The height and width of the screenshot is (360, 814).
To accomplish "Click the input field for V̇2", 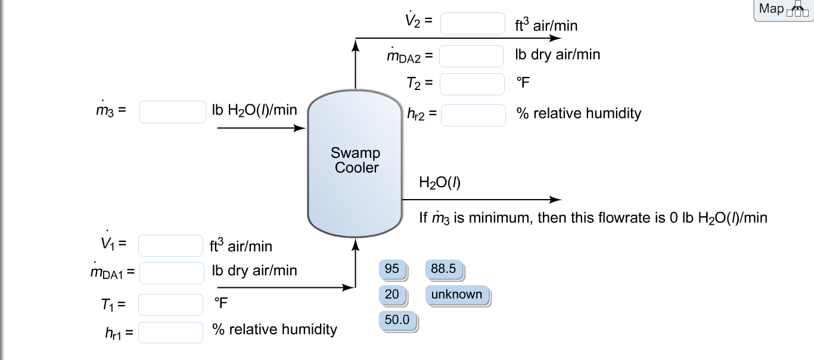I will point(473,24).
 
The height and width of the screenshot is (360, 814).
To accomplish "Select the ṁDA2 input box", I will point(471,56).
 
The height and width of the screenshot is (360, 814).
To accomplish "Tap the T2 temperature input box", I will point(472,84).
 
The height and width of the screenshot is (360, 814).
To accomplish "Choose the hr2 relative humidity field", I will point(473,115).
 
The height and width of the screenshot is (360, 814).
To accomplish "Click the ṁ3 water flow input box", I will point(173,111).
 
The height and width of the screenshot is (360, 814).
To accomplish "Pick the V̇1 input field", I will point(171,246).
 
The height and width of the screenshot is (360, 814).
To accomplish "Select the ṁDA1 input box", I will point(172,273).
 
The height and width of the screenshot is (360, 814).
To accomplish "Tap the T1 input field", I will point(171,305).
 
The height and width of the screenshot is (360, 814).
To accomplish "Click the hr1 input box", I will point(171,332).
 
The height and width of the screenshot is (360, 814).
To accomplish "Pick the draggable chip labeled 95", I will point(392,269).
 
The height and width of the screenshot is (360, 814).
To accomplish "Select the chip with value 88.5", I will point(443,269).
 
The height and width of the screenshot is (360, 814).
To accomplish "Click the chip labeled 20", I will point(392,294).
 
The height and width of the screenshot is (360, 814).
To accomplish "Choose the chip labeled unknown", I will point(456,294).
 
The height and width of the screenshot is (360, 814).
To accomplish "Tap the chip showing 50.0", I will point(397,320).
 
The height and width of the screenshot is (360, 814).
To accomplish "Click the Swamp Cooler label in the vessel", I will point(356,160).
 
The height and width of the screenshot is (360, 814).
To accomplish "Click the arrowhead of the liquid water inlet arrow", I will point(301,128).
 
